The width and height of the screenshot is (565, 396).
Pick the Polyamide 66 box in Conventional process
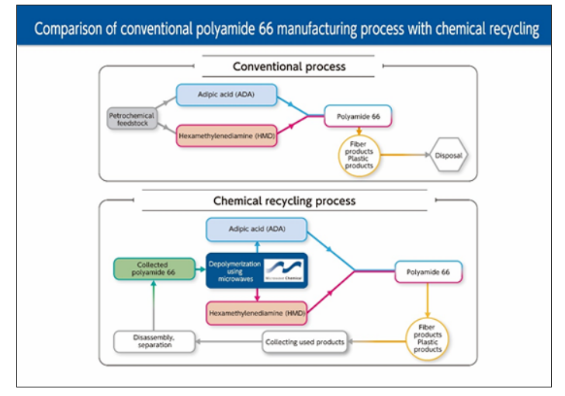point(358,116)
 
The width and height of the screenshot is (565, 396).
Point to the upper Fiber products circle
point(359,155)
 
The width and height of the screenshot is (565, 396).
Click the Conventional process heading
point(289,67)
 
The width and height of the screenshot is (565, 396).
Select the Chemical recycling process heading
point(284,201)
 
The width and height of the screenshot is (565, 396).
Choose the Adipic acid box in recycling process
point(256,230)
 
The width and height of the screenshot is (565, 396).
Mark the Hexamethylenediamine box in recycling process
point(256,312)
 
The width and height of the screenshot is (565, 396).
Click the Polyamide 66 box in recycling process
point(429,272)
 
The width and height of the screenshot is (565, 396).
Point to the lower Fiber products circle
point(428,339)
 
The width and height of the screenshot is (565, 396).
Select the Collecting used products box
point(305,342)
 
